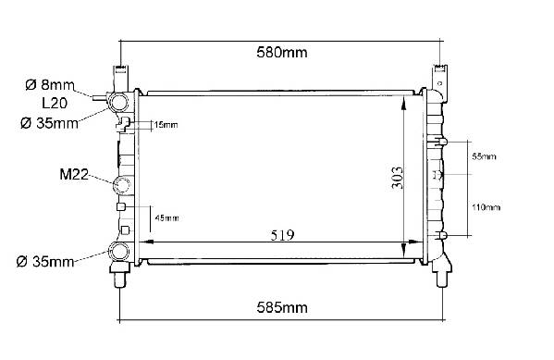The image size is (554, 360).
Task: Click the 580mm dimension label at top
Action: [281, 53]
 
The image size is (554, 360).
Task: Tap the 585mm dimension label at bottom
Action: [282, 307]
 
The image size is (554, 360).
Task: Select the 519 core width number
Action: [282, 235]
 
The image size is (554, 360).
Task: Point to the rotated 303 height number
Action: [397, 178]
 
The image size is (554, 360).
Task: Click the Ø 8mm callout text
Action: [50, 85]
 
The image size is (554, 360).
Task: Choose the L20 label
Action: [55, 104]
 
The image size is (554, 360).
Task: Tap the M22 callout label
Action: [74, 174]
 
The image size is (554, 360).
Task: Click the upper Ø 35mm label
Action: [49, 123]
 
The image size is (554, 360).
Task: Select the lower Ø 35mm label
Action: [45, 262]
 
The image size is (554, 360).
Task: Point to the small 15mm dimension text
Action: [166, 125]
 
